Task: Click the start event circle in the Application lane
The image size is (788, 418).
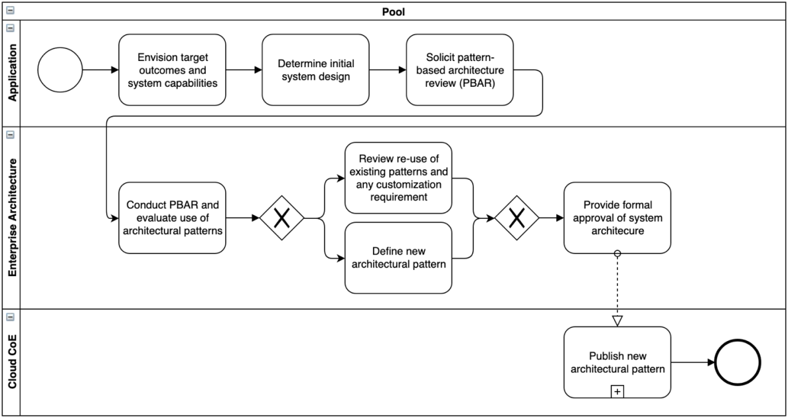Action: point(60,70)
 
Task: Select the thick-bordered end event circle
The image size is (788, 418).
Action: point(739,363)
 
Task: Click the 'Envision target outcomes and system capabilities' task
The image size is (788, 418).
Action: point(172,70)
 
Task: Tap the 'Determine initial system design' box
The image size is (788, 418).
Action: point(315,70)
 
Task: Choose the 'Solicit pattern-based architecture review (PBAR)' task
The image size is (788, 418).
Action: point(459,70)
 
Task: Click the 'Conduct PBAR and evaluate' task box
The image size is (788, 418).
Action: point(172,218)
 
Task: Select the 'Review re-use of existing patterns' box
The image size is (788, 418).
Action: point(398,178)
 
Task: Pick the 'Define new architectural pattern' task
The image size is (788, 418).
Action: point(398,257)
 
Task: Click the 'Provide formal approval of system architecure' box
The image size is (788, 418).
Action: point(617,218)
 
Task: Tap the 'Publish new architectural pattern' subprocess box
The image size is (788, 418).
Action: point(617,362)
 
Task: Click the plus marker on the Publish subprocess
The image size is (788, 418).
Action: point(617,392)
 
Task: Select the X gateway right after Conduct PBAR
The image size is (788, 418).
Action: point(282,218)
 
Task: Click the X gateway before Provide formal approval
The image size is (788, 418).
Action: point(516,218)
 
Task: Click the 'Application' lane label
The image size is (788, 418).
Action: point(11,74)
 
